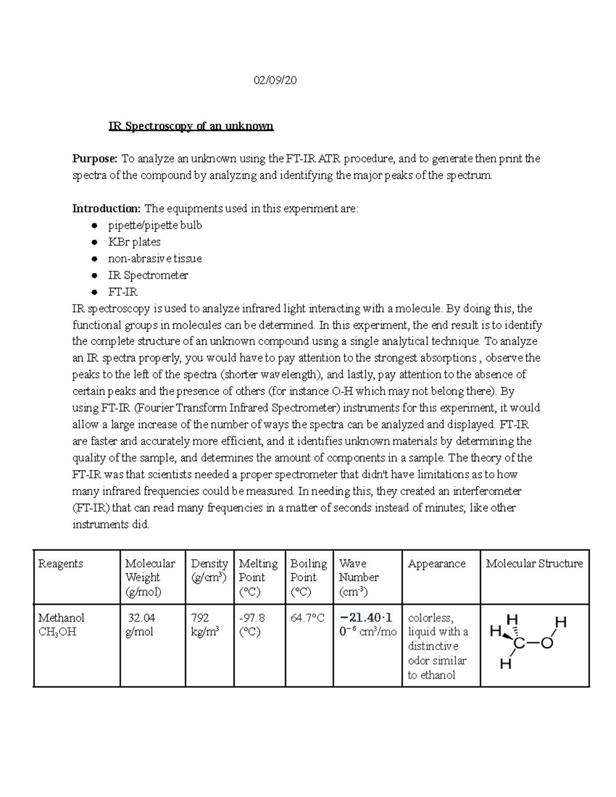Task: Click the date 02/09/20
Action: click(276, 81)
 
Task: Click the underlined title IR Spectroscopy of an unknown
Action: click(190, 126)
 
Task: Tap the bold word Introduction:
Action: click(106, 208)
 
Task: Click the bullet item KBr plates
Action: click(134, 242)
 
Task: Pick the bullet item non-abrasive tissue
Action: click(155, 259)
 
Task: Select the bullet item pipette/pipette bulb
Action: click(155, 225)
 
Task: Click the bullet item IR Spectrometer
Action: click(148, 275)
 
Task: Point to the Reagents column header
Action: click(60, 563)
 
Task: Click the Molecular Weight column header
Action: click(150, 577)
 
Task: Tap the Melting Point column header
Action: click(258, 577)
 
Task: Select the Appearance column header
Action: click(436, 563)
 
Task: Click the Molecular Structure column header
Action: click(534, 563)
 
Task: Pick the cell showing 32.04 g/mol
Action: click(141, 625)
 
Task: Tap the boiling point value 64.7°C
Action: click(307, 618)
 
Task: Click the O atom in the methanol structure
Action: click(547, 643)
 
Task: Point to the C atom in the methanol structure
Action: click(519, 644)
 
